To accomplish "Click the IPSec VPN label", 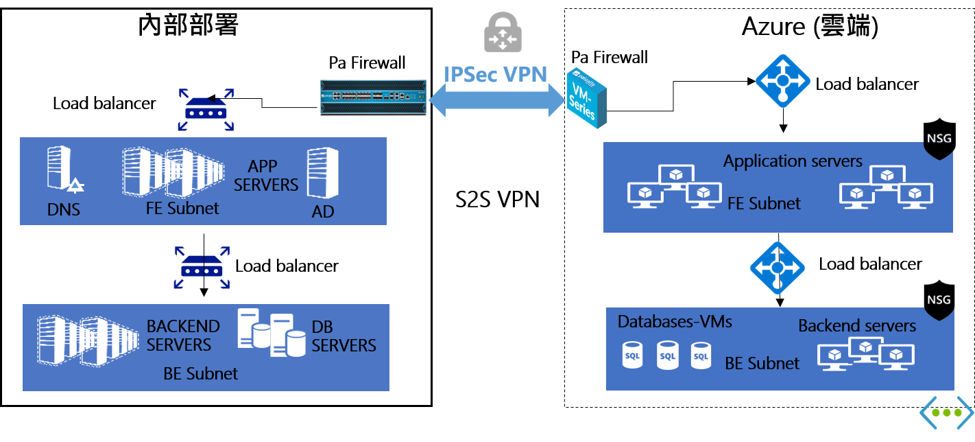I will pos(496,74).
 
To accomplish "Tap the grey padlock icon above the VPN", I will pos(503,32).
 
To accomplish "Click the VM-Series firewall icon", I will pos(588,97).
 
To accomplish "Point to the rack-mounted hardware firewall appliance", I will pos(374,96).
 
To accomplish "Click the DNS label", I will pos(64,210).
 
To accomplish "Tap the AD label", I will pos(323,211).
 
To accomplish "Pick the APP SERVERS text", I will pos(273,176).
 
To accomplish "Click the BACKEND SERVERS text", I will pos(183,335).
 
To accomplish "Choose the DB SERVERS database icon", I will pos(272,333).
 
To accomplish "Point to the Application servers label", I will pos(793,161).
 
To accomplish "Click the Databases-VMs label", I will pos(675,321).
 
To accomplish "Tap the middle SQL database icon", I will pos(667,356).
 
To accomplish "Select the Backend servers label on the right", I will pos(857,325).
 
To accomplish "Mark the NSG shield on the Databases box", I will pos(939,300).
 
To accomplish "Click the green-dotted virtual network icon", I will pos(946,412).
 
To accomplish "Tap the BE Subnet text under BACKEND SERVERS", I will pos(201,373).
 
